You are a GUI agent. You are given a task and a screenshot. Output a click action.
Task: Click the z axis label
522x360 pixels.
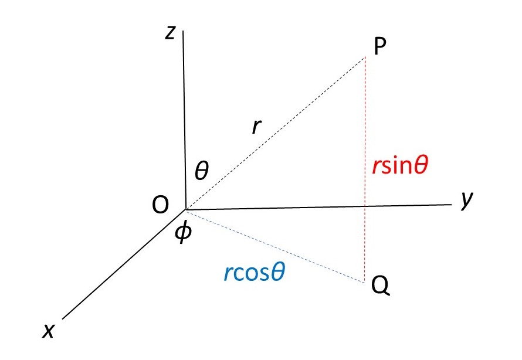point(170,33)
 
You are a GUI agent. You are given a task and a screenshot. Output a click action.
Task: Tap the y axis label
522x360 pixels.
point(467,200)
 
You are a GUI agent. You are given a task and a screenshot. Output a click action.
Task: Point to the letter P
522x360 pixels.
point(379,47)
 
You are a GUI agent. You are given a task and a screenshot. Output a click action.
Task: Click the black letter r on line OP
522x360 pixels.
point(256,127)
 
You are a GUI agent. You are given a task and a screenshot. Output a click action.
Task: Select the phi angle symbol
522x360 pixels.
point(184,233)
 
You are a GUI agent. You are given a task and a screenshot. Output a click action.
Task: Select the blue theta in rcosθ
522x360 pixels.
point(279,273)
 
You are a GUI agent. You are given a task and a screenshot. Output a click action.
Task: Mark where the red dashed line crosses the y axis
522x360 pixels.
point(365,206)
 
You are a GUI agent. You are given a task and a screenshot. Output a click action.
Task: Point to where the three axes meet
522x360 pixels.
point(186,209)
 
